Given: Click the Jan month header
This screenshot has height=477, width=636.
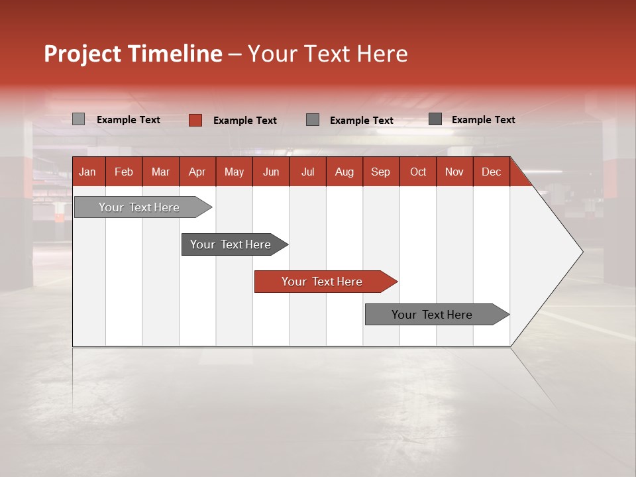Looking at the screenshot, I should click(87, 172).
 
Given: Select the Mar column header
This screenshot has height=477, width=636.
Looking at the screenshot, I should click(160, 172).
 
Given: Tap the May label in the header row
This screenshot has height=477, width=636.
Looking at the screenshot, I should click(234, 172).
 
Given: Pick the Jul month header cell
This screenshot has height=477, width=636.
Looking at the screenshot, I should click(307, 172).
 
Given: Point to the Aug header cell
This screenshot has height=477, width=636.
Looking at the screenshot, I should click(344, 172).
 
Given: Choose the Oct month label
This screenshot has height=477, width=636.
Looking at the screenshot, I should click(418, 172).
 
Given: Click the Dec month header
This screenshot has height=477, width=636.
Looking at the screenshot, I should click(491, 172).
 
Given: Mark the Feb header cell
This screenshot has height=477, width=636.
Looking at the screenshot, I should click(124, 172).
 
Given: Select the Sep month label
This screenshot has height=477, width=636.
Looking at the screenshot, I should click(380, 172).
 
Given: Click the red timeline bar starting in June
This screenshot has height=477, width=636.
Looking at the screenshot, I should click(322, 282).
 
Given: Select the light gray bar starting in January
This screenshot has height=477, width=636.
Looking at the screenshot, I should click(139, 207).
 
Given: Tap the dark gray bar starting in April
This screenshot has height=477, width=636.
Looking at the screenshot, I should click(231, 244).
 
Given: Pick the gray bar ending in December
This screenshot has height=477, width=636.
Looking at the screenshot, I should click(432, 315).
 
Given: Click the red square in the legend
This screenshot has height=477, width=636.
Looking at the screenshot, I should click(195, 120).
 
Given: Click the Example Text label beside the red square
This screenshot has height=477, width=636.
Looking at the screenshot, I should click(245, 121).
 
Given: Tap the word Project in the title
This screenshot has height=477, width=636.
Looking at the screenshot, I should click(83, 54).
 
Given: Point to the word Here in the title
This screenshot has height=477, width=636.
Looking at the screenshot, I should click(382, 54).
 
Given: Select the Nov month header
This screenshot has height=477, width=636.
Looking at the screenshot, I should click(454, 172).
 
